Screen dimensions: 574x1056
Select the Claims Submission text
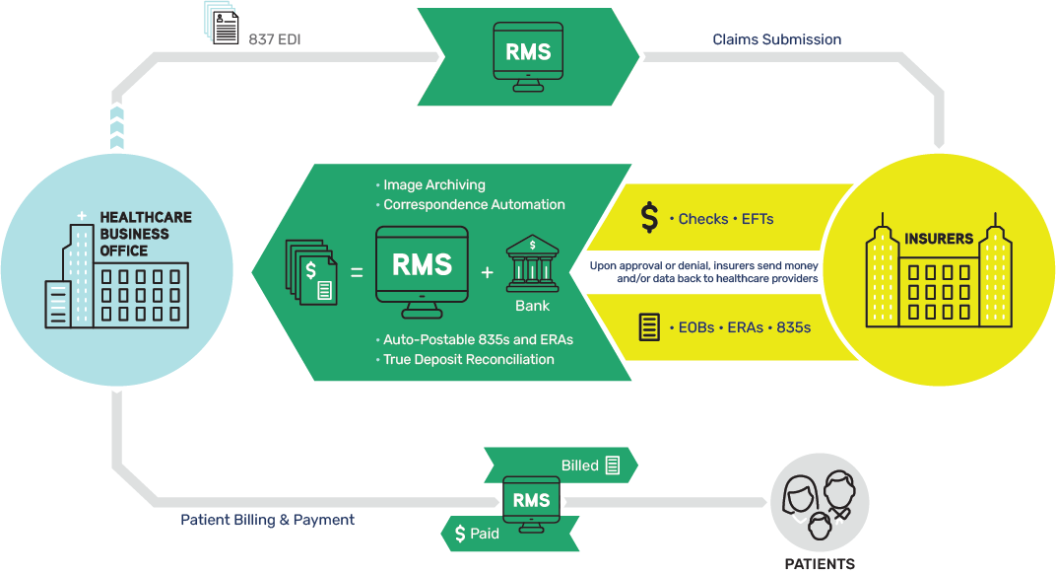click(776, 39)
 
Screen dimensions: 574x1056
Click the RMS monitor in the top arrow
click(528, 55)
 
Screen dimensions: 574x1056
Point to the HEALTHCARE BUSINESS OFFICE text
click(146, 234)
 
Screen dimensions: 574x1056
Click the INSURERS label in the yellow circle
click(939, 239)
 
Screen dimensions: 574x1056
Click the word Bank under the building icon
click(532, 307)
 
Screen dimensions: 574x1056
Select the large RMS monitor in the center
click(422, 267)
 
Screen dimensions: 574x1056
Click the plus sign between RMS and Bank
click(487, 271)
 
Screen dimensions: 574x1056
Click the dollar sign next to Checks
click(649, 218)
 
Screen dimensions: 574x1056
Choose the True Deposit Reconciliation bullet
click(468, 359)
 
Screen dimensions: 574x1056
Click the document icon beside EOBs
click(649, 326)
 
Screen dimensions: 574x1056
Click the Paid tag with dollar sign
click(478, 534)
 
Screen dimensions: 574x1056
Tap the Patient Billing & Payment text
click(267, 519)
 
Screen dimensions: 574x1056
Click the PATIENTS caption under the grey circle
click(820, 564)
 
